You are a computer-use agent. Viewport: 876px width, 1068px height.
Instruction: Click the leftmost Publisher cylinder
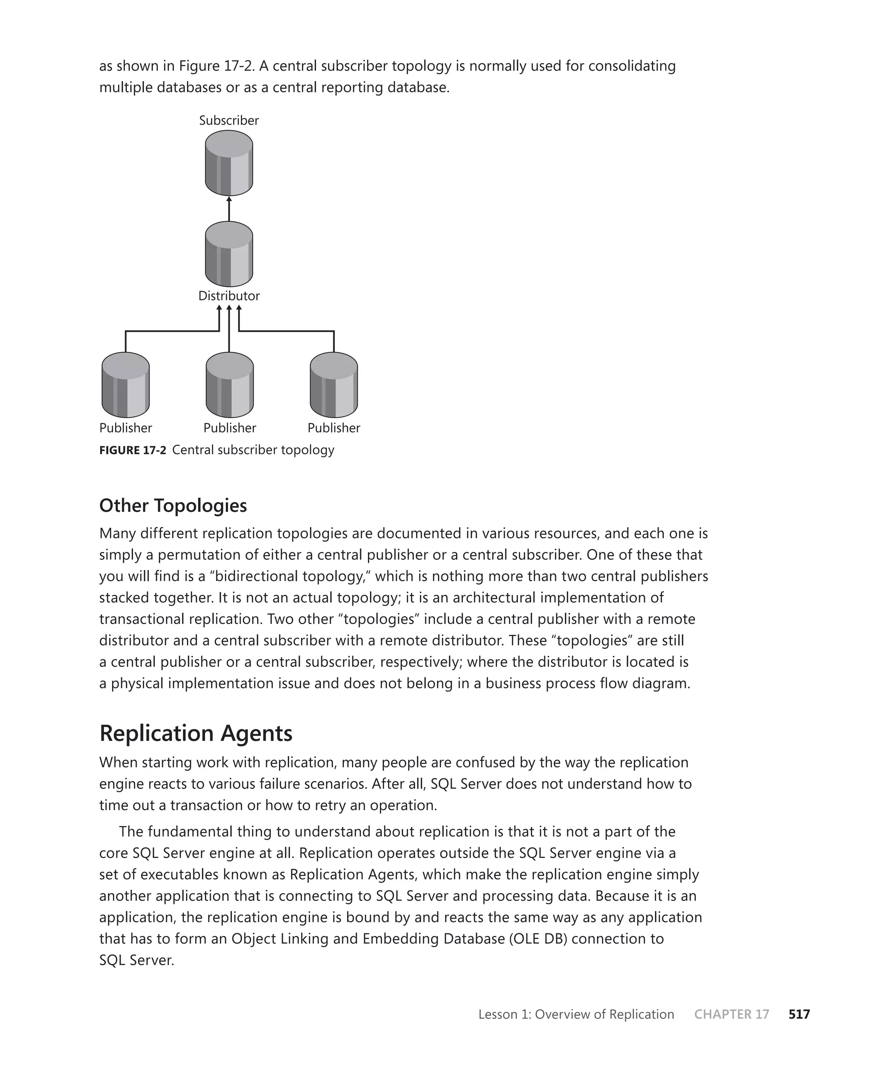(125, 385)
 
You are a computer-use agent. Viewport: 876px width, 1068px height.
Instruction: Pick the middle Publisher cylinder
(230, 385)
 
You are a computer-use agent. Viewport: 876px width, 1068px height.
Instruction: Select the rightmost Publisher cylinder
(334, 385)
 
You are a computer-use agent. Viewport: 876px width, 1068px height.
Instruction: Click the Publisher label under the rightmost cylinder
(334, 428)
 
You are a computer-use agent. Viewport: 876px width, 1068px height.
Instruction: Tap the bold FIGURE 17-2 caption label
(132, 450)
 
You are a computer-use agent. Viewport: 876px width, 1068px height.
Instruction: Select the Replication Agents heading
(196, 733)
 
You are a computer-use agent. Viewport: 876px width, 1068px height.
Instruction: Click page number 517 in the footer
(799, 1014)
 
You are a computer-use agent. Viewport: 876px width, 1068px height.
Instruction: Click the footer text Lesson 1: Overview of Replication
(576, 1014)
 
